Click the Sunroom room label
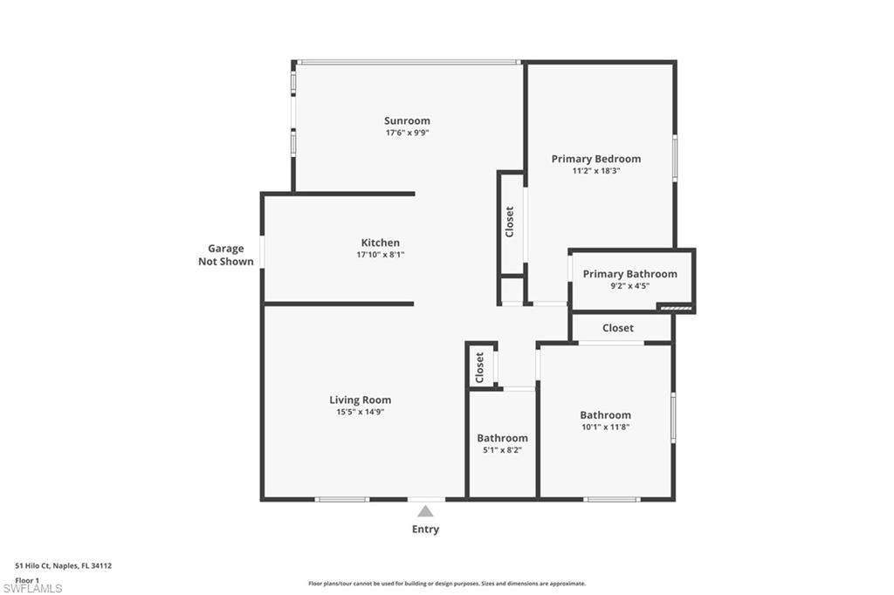(x=407, y=120)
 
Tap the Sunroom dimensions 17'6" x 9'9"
(x=407, y=133)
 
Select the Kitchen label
(x=381, y=243)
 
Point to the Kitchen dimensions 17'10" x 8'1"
(x=381, y=256)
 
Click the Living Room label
(x=360, y=400)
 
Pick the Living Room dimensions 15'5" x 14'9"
(x=360, y=412)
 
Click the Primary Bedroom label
(x=595, y=159)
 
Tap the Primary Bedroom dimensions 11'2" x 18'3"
(x=595, y=172)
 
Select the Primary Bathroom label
(x=629, y=274)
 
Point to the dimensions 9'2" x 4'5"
(x=629, y=286)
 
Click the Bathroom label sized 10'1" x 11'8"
(x=605, y=415)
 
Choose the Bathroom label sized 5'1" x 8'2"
(x=502, y=438)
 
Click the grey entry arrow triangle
(x=425, y=511)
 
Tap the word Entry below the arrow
(x=425, y=530)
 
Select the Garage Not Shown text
(x=226, y=255)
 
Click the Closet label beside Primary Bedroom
(x=510, y=222)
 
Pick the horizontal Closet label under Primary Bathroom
(x=617, y=328)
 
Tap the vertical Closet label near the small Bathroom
(x=479, y=367)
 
